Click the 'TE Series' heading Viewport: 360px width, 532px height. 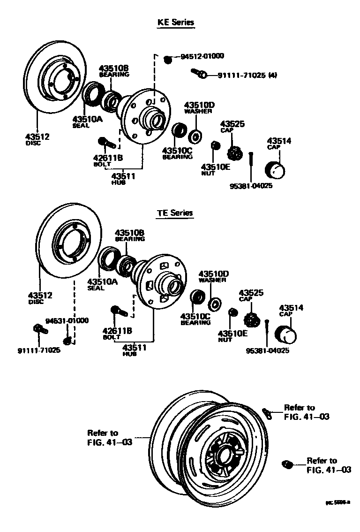pos(174,213)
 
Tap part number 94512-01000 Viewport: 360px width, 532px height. pos(202,56)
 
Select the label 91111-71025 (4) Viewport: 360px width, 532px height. pos(247,75)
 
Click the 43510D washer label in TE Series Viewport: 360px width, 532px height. pos(213,276)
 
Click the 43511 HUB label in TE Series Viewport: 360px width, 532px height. pos(134,350)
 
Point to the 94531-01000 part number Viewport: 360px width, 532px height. pos(67,320)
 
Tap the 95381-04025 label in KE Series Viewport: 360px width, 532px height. pos(251,186)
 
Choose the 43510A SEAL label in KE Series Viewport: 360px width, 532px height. pos(87,122)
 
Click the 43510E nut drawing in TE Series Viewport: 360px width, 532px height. pos(232,313)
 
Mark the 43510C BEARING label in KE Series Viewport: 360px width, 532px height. pos(177,153)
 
